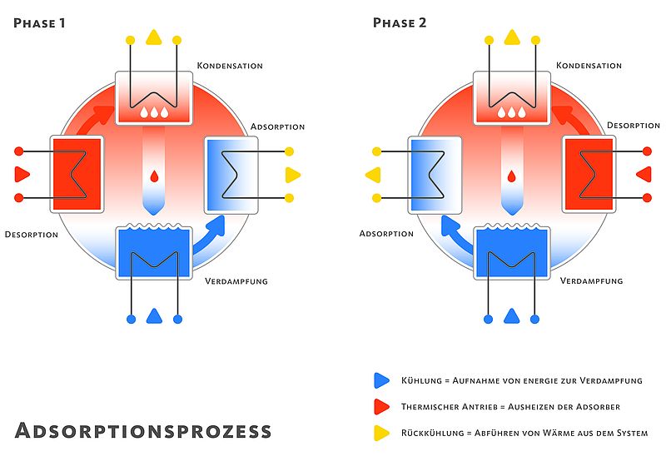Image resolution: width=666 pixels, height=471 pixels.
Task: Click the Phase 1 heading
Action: pos(39,23)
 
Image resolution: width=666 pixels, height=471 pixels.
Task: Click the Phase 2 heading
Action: pos(400,23)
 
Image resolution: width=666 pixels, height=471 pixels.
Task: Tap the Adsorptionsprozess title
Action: pos(143,431)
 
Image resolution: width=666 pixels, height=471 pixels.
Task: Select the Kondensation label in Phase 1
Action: pos(230,66)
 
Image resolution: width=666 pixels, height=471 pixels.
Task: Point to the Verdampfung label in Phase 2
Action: pos(591,280)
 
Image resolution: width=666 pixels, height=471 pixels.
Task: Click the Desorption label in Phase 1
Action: pos(32,235)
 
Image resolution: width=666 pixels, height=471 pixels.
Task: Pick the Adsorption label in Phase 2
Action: pos(386,234)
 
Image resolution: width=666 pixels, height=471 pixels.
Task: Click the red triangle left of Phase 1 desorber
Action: pos(22,174)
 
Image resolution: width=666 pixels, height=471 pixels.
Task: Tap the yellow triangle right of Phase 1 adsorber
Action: pos(293,175)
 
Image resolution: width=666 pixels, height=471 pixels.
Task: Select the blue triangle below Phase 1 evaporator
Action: pos(154,316)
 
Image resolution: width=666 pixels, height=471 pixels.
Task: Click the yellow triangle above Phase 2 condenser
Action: pos(512,37)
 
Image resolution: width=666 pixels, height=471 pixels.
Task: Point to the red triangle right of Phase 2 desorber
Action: pos(644,174)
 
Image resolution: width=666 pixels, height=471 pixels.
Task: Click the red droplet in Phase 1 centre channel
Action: pos(154,176)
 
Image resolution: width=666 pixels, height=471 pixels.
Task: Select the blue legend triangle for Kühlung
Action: pos(381,380)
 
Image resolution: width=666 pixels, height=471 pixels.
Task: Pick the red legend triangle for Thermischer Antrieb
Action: pos(381,406)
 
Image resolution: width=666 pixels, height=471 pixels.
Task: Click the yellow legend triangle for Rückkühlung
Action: pos(381,433)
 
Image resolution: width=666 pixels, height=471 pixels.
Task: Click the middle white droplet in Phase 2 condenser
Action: pos(512,112)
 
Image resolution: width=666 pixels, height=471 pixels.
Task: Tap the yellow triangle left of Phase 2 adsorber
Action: pos(373,175)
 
